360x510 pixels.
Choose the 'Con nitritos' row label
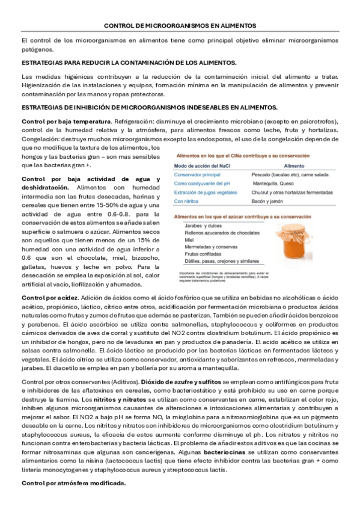click(188, 201)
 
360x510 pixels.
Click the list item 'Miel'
click(190, 239)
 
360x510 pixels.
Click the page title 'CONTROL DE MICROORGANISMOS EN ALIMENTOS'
click(180, 26)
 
